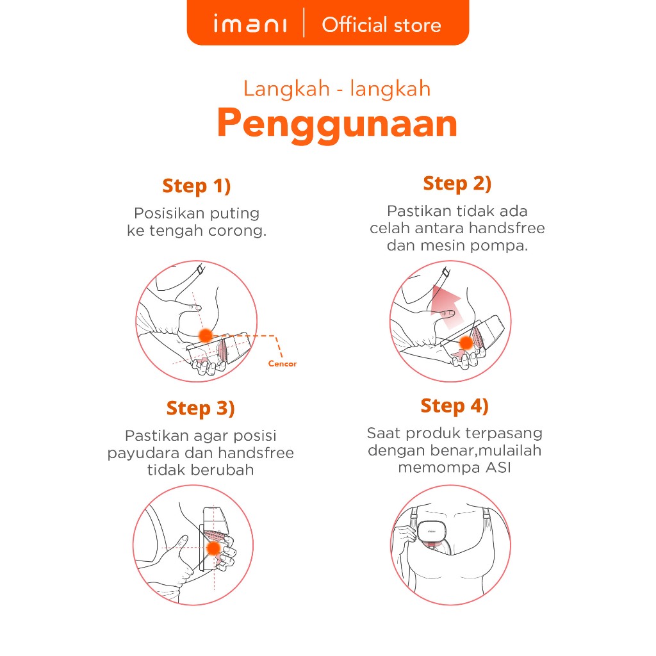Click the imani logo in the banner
(250, 24)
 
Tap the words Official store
(381, 25)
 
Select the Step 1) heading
(197, 186)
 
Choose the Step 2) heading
(457, 184)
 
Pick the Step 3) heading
(201, 408)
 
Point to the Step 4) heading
(455, 406)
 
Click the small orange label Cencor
(283, 364)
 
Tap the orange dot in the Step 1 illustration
(206, 335)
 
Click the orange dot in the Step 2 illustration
(466, 343)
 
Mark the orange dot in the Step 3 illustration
(213, 548)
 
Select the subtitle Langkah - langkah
(337, 89)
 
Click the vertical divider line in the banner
(304, 23)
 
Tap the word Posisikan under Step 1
(170, 213)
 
